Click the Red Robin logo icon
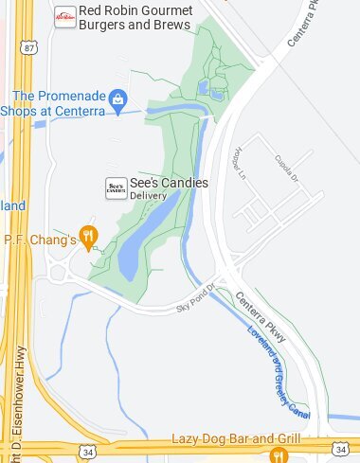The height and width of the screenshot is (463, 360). pos(65,17)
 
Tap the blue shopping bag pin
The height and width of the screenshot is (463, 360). pos(118,99)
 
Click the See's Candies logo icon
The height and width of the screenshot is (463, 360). pos(116,188)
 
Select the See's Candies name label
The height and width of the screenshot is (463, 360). pos(169,183)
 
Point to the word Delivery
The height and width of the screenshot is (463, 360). pos(148,196)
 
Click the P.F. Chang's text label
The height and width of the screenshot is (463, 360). pos(40,240)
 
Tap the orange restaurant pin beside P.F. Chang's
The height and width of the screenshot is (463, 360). pos(89,237)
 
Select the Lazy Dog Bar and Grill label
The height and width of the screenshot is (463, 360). pos(236,439)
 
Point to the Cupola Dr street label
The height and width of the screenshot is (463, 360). pos(287,170)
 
